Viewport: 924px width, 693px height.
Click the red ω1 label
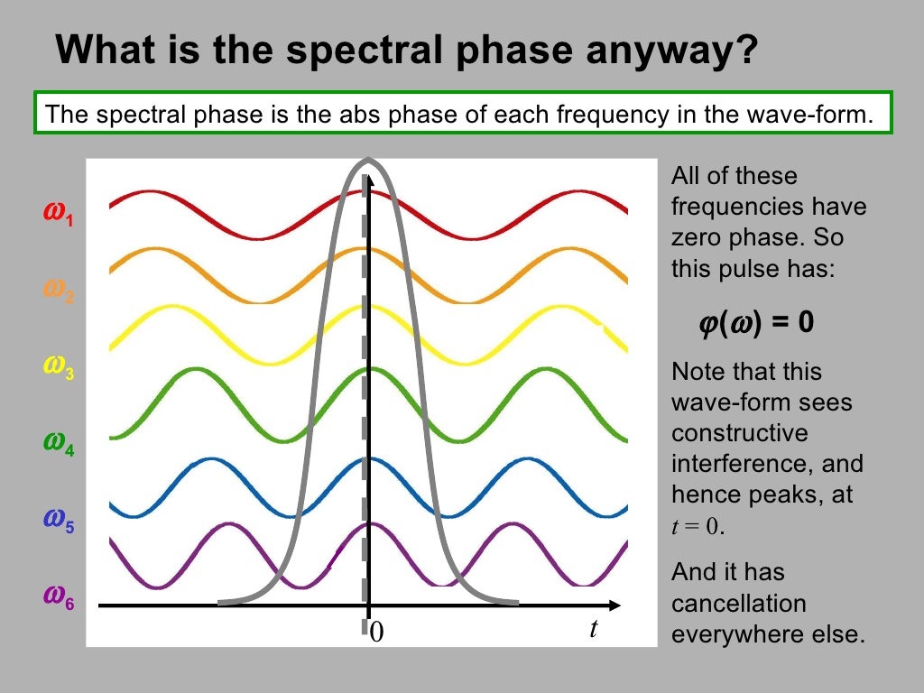point(59,214)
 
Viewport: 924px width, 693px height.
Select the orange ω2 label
point(59,291)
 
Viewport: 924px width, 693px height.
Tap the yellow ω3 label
point(59,365)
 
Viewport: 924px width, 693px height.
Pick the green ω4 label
point(59,442)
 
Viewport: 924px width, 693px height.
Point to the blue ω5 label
point(59,519)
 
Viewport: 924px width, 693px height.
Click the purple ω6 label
point(59,596)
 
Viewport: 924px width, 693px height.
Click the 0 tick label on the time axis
point(377,633)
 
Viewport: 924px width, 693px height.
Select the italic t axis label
point(593,629)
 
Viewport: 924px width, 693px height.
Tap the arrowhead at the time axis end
point(615,605)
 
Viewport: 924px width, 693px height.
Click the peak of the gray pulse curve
point(367,161)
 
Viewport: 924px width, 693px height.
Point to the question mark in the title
point(746,51)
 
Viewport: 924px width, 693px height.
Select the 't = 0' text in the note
point(698,527)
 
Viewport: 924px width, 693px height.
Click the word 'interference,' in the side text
point(767,464)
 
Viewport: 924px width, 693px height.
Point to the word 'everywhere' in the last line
point(733,633)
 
